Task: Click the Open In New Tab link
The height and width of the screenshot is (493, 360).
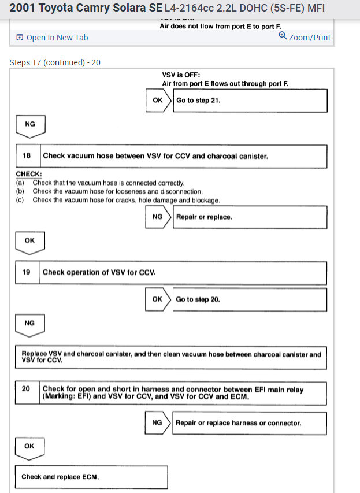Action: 53,38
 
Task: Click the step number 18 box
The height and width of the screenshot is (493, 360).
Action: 27,156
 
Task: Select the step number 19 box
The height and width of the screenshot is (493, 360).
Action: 27,272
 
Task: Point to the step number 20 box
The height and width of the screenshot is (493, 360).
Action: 27,389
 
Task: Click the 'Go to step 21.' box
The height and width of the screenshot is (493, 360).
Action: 250,100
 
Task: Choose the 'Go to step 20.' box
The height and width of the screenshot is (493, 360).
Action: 250,299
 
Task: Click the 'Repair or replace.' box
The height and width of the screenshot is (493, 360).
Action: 250,217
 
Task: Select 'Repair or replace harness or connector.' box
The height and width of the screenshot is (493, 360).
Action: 250,423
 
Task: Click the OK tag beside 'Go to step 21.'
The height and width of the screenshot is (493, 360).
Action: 158,100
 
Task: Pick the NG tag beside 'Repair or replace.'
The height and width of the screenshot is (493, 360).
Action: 158,217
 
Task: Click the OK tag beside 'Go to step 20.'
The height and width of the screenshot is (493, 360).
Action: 157,299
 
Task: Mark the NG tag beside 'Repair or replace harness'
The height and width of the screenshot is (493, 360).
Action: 157,423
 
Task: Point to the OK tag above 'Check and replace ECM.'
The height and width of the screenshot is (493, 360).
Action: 29,447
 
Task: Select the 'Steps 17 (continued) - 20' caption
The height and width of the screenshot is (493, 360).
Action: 55,62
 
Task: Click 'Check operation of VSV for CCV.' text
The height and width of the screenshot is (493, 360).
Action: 99,272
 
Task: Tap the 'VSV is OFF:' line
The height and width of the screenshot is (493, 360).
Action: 181,75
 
